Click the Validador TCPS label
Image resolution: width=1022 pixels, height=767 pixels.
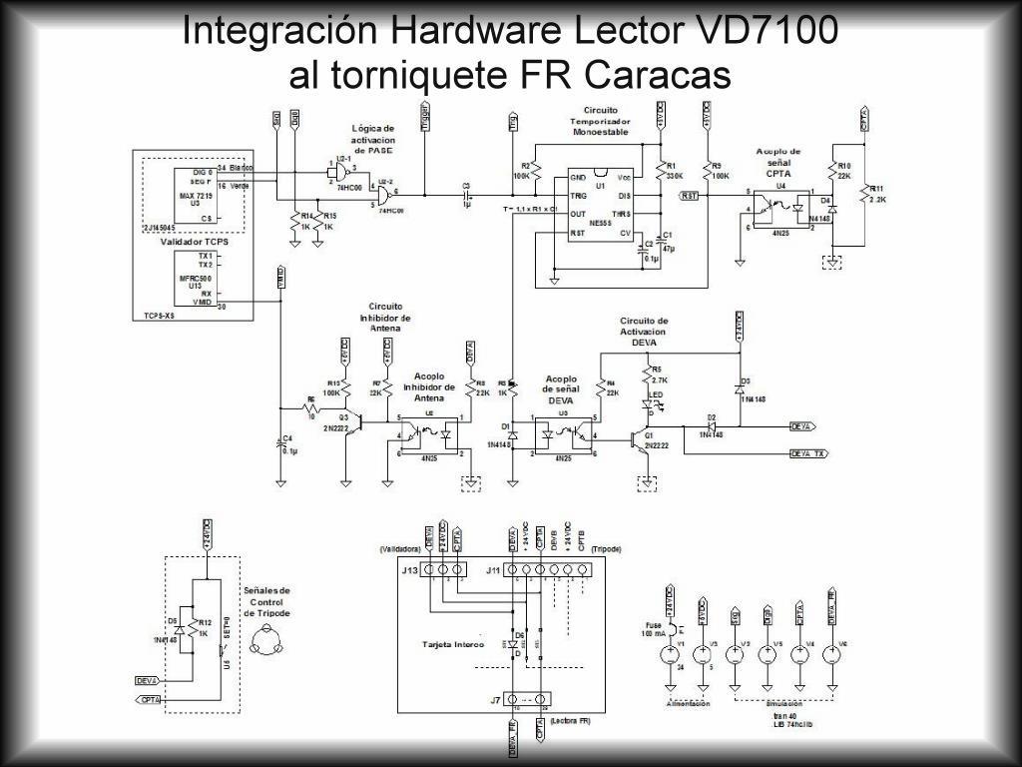(195, 242)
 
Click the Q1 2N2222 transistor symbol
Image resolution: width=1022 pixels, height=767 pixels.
(639, 438)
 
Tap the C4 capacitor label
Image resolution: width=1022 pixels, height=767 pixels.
(288, 438)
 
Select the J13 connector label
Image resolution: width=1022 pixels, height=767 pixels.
(409, 570)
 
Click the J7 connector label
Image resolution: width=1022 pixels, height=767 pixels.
(495, 700)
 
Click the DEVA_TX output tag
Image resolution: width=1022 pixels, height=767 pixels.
(807, 453)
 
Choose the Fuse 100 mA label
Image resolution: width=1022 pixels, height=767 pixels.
(654, 629)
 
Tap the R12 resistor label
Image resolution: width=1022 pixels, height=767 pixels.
(204, 623)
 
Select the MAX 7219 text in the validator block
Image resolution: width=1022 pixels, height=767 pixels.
(196, 196)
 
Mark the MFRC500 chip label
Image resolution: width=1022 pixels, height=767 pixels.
(195, 278)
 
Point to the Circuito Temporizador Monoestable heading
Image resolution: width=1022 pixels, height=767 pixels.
(600, 120)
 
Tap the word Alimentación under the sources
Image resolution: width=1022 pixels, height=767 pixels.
(688, 704)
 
